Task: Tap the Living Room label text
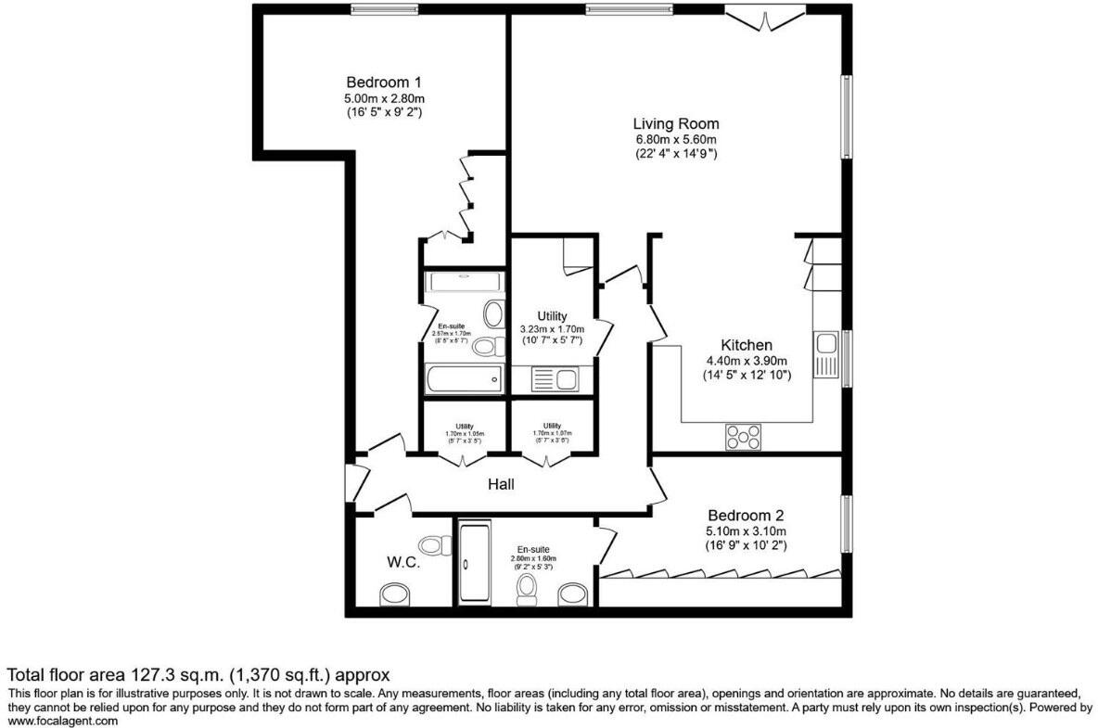676,123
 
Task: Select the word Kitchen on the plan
746,345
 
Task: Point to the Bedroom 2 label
746,516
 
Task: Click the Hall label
501,484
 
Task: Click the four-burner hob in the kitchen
743,436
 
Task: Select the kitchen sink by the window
825,353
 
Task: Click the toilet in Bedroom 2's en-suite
528,586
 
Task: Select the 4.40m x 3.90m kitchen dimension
746,362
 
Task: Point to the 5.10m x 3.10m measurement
746,531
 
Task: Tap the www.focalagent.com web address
63,721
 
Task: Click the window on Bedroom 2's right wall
846,524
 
